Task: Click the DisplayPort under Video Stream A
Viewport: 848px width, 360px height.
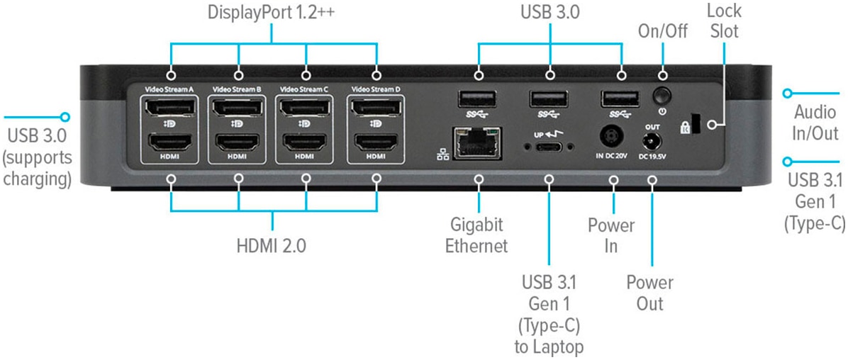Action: click(x=170, y=108)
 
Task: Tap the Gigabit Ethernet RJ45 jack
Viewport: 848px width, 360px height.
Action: click(x=479, y=143)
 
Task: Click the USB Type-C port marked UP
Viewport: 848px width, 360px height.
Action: click(x=549, y=147)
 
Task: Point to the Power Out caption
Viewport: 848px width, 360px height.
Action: click(x=649, y=293)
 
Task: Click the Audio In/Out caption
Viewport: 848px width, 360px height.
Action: click(x=815, y=122)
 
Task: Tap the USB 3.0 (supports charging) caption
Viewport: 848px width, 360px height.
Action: click(x=37, y=156)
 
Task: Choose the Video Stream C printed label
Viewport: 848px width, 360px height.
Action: click(x=304, y=89)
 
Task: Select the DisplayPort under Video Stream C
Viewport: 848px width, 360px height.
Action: click(x=305, y=108)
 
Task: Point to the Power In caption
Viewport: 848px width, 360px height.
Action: click(x=610, y=236)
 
